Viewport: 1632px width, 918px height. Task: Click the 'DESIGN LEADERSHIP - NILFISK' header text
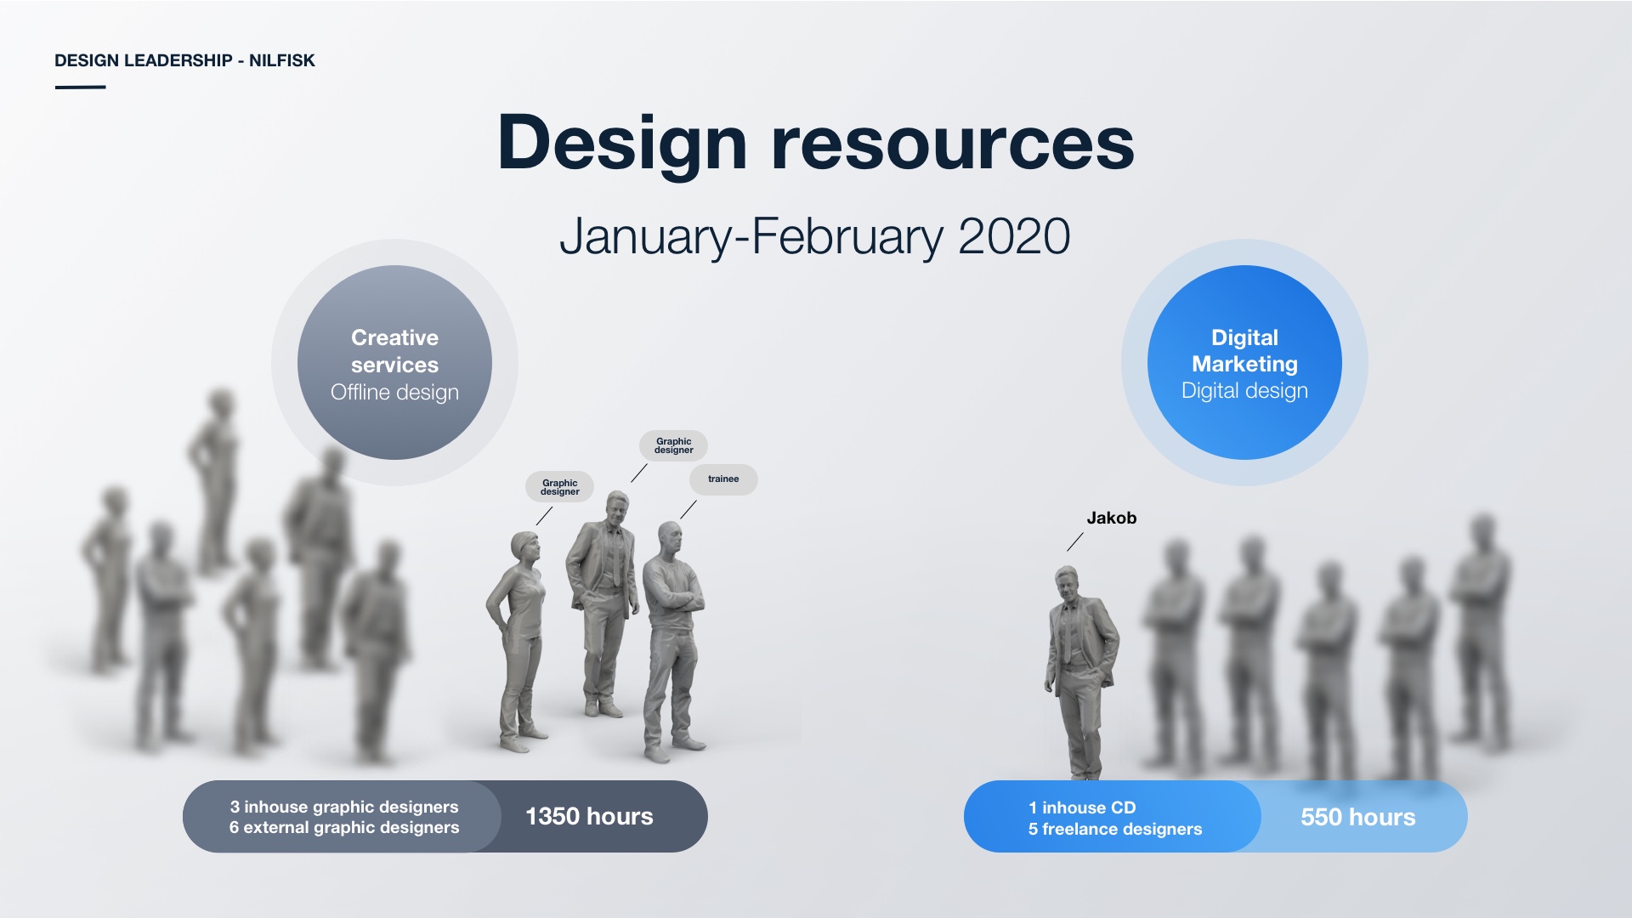(184, 60)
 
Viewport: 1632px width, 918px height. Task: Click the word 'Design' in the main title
(622, 144)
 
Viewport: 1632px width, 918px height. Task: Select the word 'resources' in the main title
(953, 144)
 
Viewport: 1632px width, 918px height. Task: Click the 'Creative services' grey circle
(394, 363)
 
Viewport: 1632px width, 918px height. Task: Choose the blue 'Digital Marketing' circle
(1244, 363)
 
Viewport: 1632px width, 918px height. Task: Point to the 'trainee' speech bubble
(723, 479)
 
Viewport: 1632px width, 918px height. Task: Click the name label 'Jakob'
(1111, 518)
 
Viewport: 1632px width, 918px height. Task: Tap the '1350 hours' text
(589, 816)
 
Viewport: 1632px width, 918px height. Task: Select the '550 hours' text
(1357, 817)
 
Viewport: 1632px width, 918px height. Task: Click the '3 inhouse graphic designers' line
(344, 807)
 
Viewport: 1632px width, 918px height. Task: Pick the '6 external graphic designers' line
(344, 827)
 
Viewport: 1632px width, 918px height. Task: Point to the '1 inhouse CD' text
(1082, 807)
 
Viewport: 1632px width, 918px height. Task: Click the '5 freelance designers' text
(1115, 829)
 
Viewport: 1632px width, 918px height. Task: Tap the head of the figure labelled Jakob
(1067, 583)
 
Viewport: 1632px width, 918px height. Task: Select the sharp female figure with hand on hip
(518, 642)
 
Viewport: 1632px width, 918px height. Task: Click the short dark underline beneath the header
(80, 87)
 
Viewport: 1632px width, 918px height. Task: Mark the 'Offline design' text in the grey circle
(394, 392)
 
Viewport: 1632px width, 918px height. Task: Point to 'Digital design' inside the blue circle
(1244, 390)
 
